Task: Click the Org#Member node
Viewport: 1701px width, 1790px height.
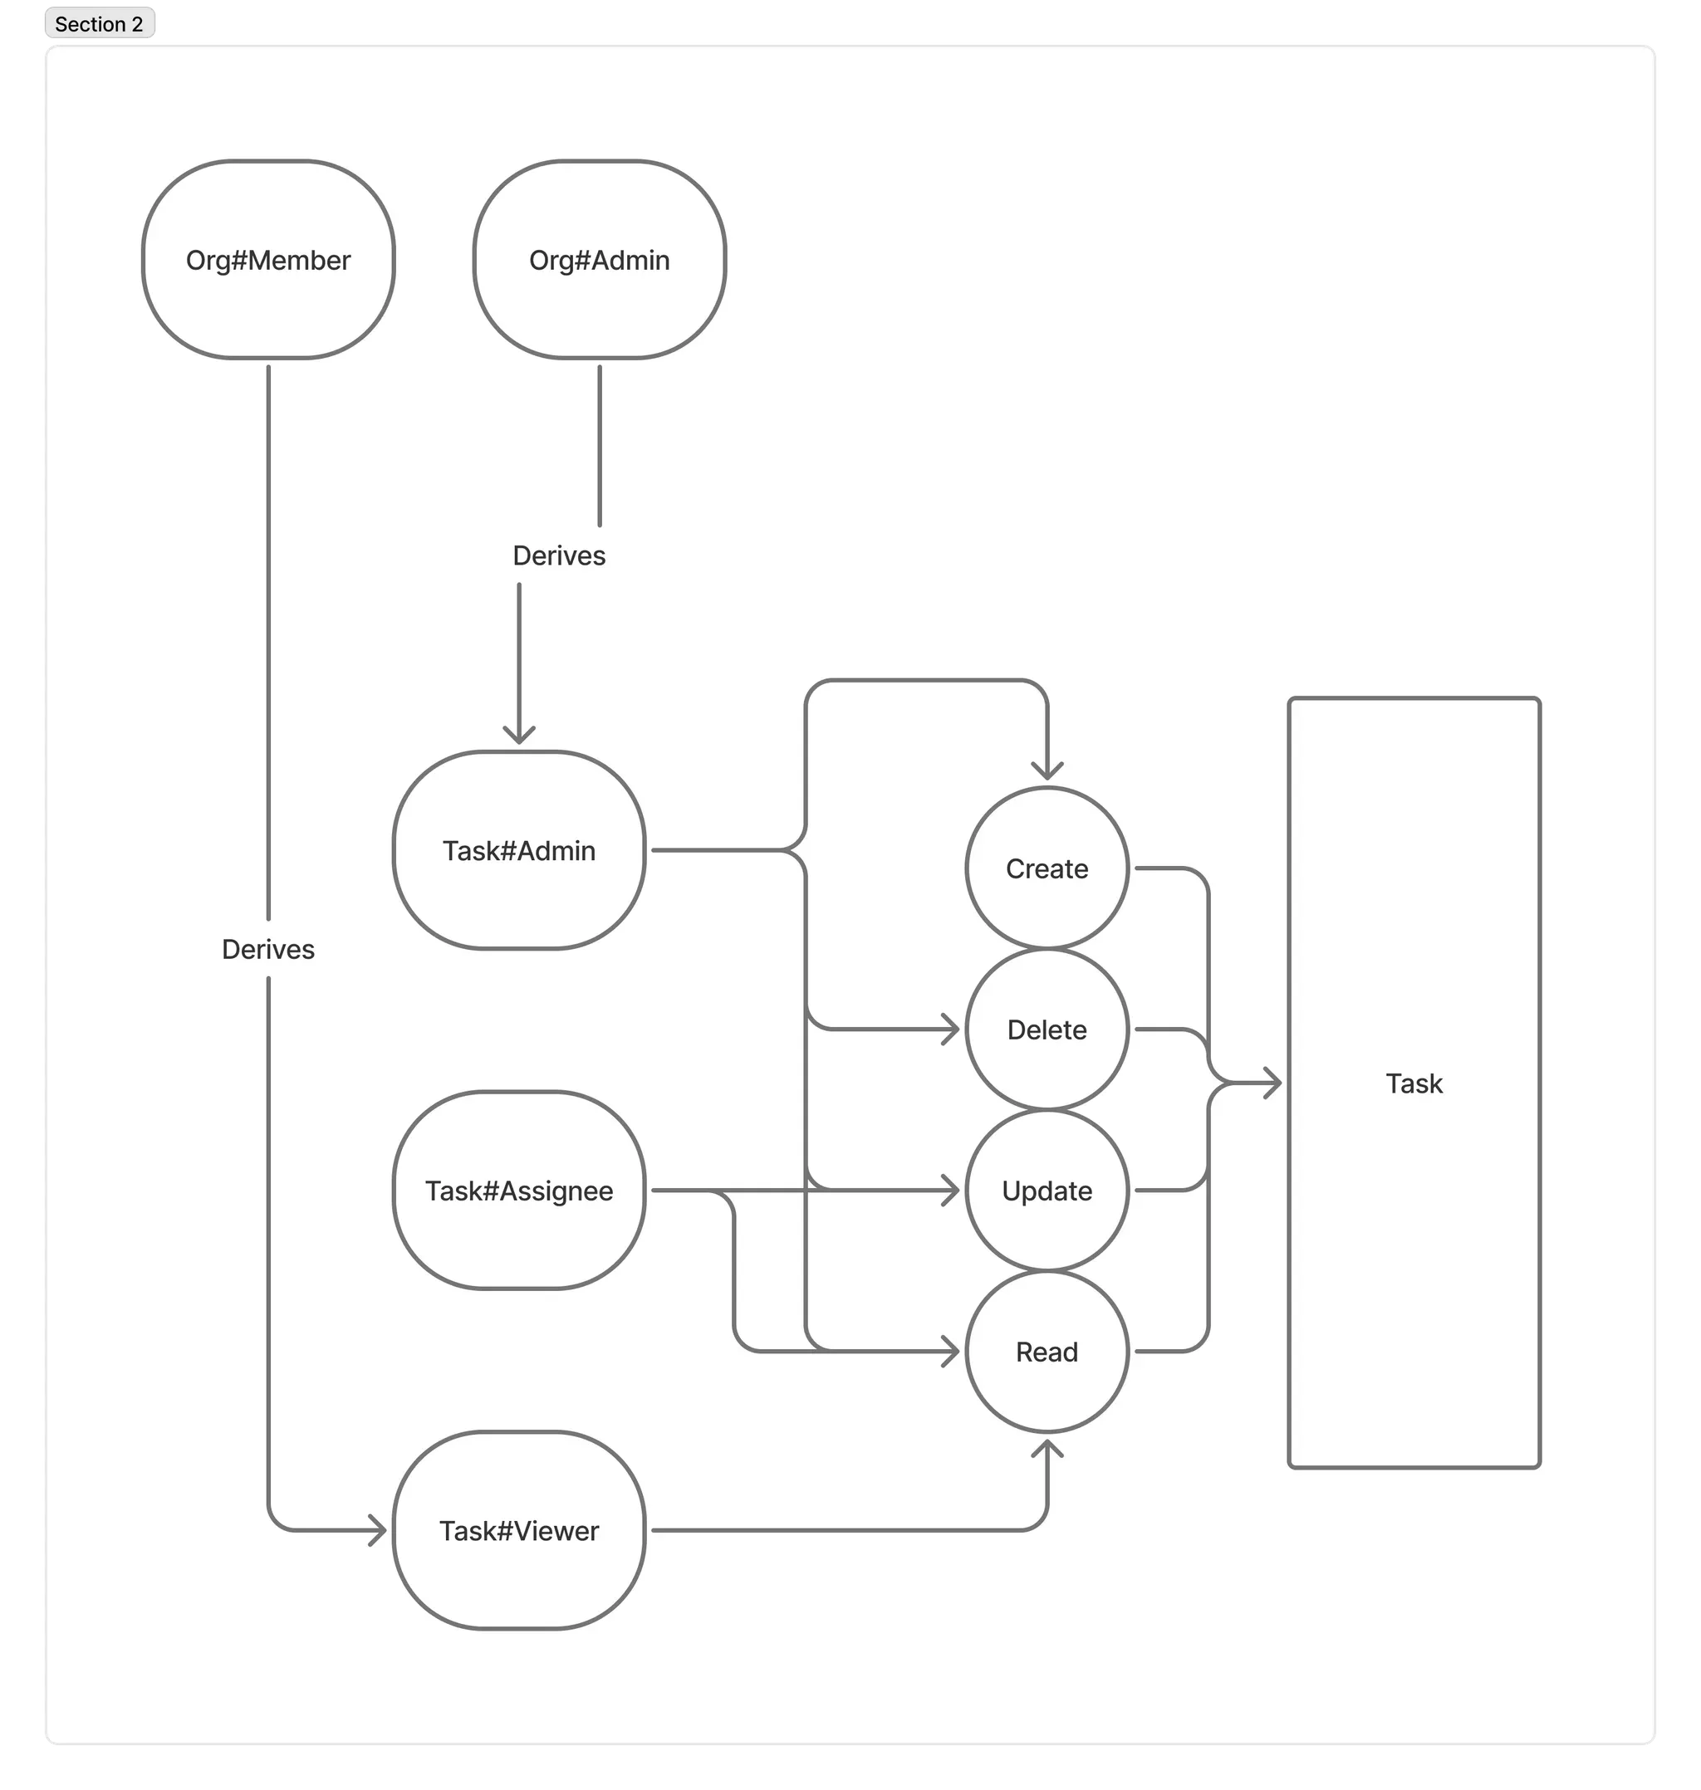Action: [x=268, y=260]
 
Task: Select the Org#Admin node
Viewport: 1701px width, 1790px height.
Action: [x=600, y=260]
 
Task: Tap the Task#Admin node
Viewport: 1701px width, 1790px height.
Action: [x=518, y=850]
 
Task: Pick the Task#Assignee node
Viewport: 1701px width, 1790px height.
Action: [x=518, y=1190]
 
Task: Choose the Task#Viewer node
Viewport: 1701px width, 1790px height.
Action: [x=518, y=1531]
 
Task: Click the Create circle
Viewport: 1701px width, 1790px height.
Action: [x=1047, y=868]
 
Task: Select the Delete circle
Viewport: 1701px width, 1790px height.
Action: [x=1047, y=1029]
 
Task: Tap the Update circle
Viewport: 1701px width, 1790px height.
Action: [x=1047, y=1190]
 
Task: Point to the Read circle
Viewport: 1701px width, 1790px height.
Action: [x=1047, y=1352]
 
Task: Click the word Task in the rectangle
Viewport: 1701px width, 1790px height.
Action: [x=1414, y=1083]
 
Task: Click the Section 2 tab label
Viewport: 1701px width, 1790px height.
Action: [x=99, y=24]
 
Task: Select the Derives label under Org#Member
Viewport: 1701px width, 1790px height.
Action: [x=268, y=949]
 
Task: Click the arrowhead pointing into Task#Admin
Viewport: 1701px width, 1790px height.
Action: [x=518, y=735]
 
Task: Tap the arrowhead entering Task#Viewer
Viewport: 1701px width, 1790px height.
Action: [x=378, y=1531]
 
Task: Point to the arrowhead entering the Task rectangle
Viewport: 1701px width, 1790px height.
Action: [x=1272, y=1083]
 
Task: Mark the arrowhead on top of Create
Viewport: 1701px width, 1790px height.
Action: [x=1047, y=771]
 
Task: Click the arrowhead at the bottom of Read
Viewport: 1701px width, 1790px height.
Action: [x=1047, y=1448]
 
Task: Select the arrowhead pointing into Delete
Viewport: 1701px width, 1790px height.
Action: [x=951, y=1029]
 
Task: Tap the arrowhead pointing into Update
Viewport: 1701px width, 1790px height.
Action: [x=951, y=1190]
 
